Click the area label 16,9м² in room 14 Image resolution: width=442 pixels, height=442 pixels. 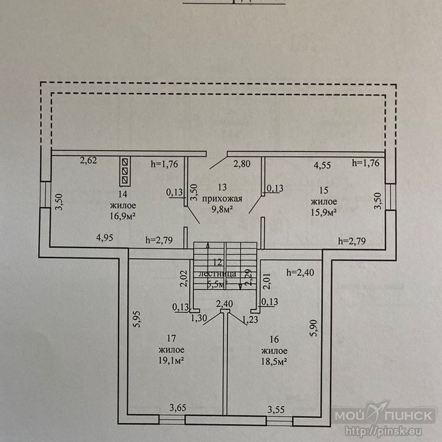123,216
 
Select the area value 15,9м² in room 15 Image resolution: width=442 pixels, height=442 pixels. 324,211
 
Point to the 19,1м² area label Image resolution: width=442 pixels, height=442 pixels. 172,360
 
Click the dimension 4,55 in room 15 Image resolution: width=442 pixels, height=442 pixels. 322,166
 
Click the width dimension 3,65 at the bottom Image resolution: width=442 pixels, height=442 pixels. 179,407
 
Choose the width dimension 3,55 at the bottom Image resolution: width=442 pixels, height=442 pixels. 277,408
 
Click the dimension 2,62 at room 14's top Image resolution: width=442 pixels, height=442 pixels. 88,159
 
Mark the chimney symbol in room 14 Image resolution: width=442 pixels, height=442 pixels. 125,169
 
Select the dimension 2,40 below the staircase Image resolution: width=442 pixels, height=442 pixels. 225,304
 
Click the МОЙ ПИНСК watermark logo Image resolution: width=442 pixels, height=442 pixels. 386,416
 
